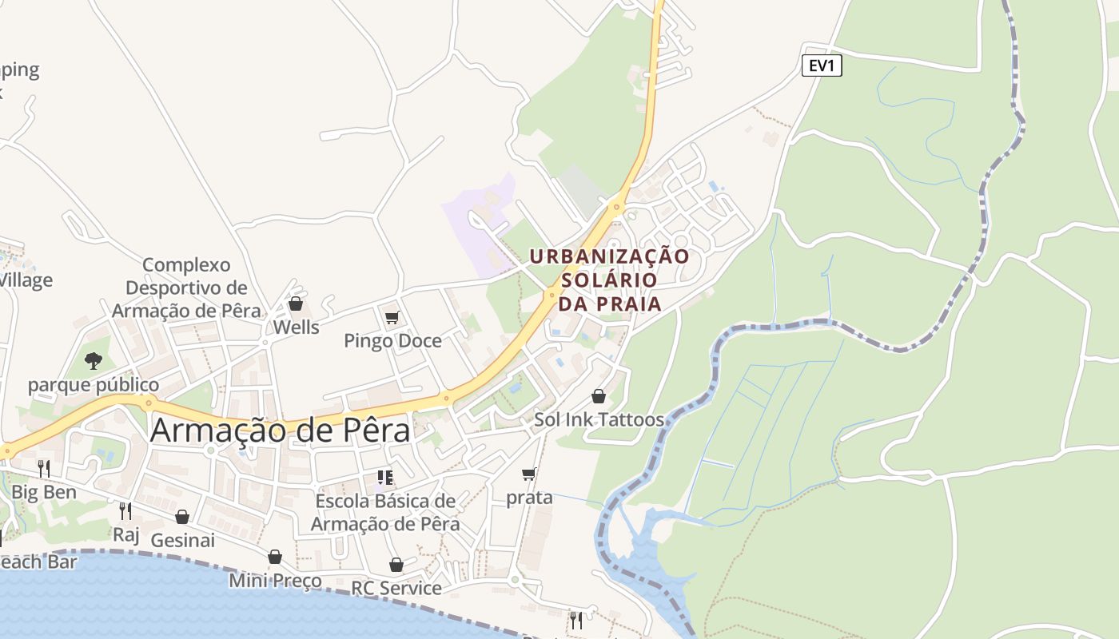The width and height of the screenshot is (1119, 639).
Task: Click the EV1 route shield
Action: pyautogui.click(x=822, y=65)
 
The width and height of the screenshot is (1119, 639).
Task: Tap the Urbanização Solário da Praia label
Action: pyautogui.click(x=610, y=280)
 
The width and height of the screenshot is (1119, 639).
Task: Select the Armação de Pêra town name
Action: pyautogui.click(x=280, y=431)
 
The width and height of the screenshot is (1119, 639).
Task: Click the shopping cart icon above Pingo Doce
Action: pyautogui.click(x=392, y=317)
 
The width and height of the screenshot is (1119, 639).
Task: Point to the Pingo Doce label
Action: pyautogui.click(x=392, y=341)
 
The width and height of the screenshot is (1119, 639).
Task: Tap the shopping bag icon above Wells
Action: pyautogui.click(x=296, y=304)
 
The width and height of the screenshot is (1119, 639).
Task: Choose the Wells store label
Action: pyautogui.click(x=296, y=327)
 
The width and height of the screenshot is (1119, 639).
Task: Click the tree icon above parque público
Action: pyautogui.click(x=94, y=361)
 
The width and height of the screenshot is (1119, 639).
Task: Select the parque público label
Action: pyautogui.click(x=94, y=385)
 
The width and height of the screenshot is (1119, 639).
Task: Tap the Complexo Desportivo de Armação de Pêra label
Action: pyautogui.click(x=186, y=288)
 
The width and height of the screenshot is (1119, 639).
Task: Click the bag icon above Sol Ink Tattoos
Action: pyautogui.click(x=598, y=395)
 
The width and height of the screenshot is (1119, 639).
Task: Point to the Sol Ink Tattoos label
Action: pyautogui.click(x=599, y=419)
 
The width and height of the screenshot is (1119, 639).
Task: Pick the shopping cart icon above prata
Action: pyautogui.click(x=528, y=474)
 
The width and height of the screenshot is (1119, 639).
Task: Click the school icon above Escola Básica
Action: pyautogui.click(x=385, y=478)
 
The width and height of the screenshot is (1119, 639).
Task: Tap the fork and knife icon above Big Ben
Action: pyautogui.click(x=44, y=468)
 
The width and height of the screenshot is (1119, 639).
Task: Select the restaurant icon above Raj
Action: pyautogui.click(x=125, y=510)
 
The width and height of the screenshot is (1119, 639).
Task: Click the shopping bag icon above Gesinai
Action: pyautogui.click(x=182, y=517)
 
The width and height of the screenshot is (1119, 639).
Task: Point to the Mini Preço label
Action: pyautogui.click(x=275, y=581)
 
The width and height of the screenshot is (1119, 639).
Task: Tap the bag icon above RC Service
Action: pyautogui.click(x=396, y=565)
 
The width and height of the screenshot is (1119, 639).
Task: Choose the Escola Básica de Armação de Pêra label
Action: pyautogui.click(x=385, y=513)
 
